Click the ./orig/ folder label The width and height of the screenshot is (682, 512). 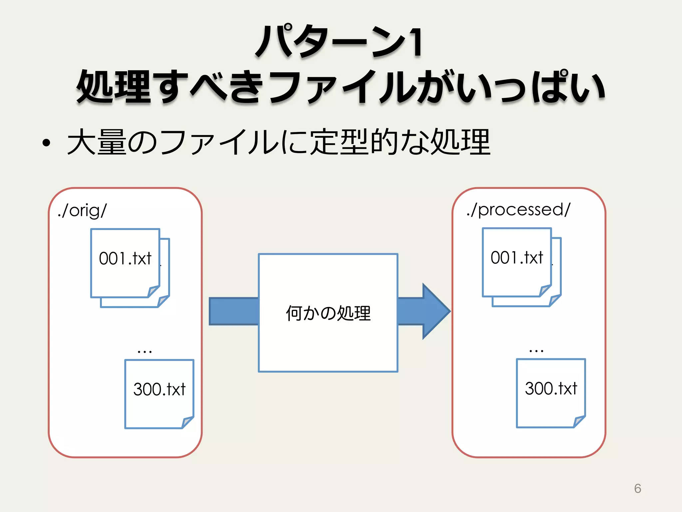tap(82, 211)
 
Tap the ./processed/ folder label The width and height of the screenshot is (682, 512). tap(518, 210)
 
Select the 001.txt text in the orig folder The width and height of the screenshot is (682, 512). tap(125, 259)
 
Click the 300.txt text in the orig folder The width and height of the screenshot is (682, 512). tap(159, 389)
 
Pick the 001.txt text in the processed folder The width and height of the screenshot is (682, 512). tap(517, 258)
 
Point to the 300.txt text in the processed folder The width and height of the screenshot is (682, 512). tap(551, 389)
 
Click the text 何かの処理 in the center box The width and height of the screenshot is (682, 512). tap(328, 313)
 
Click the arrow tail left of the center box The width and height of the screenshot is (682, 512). tap(233, 311)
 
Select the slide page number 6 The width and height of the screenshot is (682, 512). tap(637, 489)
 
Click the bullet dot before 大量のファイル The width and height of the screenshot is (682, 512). tap(46, 143)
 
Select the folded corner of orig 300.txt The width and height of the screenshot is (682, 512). tap(188, 422)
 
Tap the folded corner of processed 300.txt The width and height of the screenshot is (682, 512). tap(579, 421)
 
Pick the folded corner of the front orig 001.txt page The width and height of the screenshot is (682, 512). tap(154, 291)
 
